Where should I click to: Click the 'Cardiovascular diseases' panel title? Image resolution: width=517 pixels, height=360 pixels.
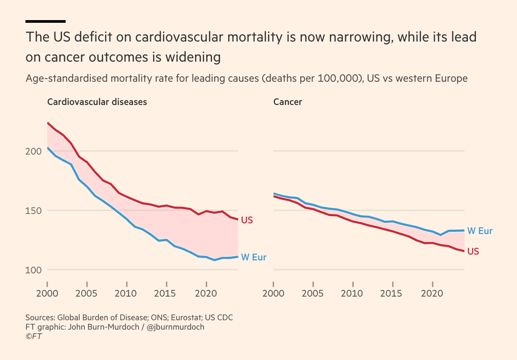[x=97, y=102]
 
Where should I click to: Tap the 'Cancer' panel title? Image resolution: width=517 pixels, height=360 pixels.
[x=288, y=102]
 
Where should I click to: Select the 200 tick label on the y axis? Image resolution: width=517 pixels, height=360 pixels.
[x=33, y=151]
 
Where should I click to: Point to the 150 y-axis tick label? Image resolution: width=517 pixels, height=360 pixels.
[x=33, y=210]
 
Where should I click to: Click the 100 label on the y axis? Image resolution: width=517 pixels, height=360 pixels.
[x=33, y=270]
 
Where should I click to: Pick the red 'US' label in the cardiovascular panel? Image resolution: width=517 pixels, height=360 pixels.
[x=247, y=220]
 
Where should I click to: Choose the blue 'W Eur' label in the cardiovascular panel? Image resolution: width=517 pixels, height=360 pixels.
[x=254, y=257]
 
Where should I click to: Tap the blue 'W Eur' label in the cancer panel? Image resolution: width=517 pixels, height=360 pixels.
[x=480, y=231]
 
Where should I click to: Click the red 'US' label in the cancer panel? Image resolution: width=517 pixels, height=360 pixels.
[x=473, y=251]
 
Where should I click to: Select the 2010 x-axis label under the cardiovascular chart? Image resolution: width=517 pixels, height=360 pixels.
[x=125, y=293]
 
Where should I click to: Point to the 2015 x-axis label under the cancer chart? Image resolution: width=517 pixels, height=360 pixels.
[x=391, y=293]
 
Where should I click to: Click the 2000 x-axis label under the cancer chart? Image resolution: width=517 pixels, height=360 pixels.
[x=273, y=293]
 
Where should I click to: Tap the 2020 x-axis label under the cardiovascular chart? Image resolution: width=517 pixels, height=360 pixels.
[x=206, y=293]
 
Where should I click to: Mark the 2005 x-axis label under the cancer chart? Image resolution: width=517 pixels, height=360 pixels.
[x=313, y=293]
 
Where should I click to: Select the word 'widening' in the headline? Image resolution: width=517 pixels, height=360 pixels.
[x=193, y=58]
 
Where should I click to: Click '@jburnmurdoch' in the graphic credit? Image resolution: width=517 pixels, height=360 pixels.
[x=175, y=327]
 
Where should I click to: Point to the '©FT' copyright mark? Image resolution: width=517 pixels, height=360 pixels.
[x=33, y=336]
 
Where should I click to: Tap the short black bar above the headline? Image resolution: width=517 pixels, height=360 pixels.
[x=46, y=21]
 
